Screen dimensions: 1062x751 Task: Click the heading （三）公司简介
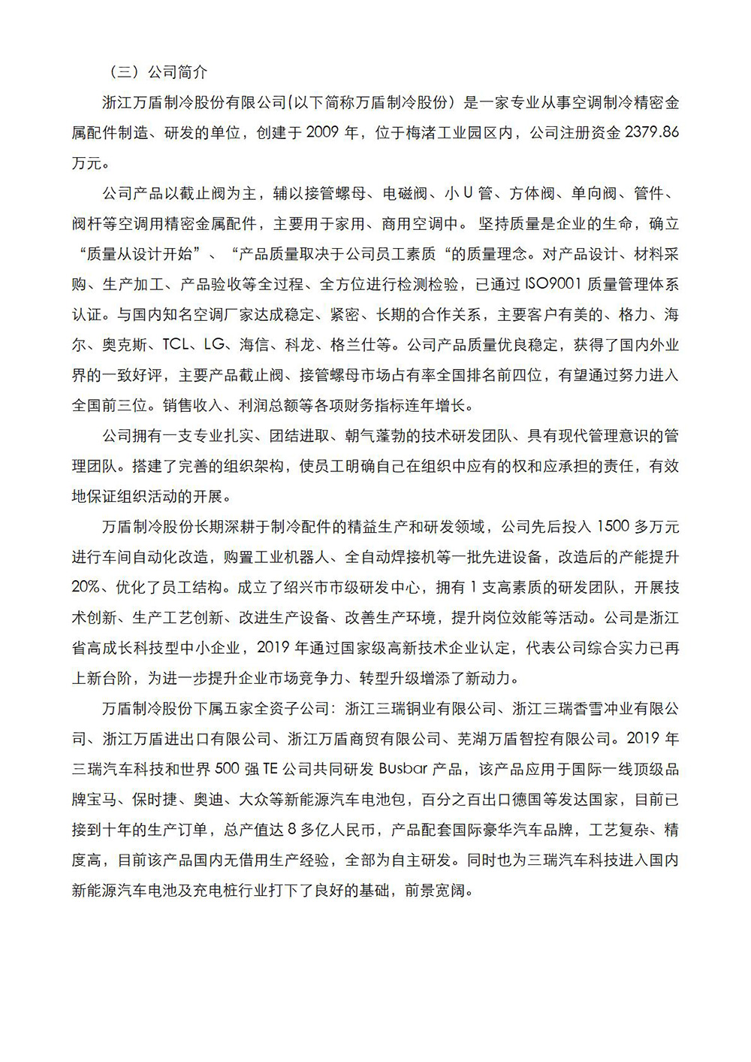[154, 72]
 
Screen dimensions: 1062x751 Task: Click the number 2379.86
[651, 132]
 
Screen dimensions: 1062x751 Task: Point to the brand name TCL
[176, 345]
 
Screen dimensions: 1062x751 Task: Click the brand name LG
[214, 345]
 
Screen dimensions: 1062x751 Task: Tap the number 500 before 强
[228, 770]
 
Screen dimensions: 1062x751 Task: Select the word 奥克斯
[125, 345]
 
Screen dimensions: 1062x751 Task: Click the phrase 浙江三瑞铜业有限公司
[421, 709]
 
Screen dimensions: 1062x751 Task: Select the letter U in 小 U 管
[467, 193]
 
